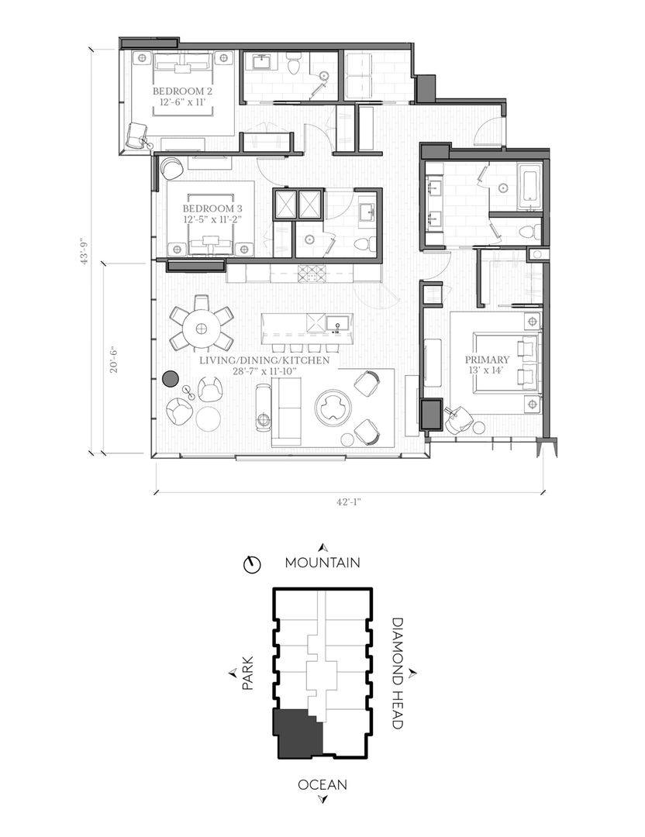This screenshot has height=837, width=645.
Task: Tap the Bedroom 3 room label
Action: click(x=212, y=213)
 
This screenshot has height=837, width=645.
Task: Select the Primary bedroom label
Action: click(x=486, y=364)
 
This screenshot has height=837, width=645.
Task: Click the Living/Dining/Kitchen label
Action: click(x=264, y=366)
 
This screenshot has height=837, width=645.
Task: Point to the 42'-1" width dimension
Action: click(x=349, y=501)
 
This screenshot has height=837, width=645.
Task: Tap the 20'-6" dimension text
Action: click(x=114, y=359)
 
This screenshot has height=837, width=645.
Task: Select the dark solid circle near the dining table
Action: click(x=171, y=378)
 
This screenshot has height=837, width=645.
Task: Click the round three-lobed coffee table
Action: click(x=333, y=408)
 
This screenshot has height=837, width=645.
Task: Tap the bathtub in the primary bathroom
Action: click(x=529, y=188)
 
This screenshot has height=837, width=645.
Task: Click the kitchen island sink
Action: click(x=337, y=323)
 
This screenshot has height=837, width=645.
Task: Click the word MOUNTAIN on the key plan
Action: click(x=322, y=563)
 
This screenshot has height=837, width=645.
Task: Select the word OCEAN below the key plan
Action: click(x=322, y=784)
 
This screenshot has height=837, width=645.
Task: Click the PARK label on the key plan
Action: click(x=247, y=673)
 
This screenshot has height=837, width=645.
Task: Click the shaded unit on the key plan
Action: click(x=297, y=735)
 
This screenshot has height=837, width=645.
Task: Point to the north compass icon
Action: click(x=251, y=563)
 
